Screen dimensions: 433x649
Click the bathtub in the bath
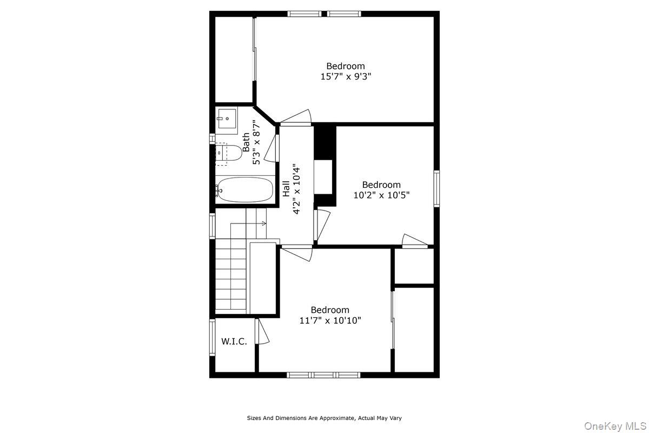244,189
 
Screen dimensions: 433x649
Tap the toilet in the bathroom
229,153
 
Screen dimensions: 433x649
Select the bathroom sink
227,119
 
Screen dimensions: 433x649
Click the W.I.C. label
234,342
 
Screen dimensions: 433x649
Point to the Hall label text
286,188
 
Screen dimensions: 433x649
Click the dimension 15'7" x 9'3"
346,77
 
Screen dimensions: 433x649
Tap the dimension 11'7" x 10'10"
330,320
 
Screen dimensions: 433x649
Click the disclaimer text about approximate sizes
325,418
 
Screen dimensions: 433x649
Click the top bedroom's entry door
296,117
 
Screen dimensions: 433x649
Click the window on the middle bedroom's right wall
436,188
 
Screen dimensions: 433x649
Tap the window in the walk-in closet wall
213,337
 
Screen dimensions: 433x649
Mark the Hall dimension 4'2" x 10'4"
296,188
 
